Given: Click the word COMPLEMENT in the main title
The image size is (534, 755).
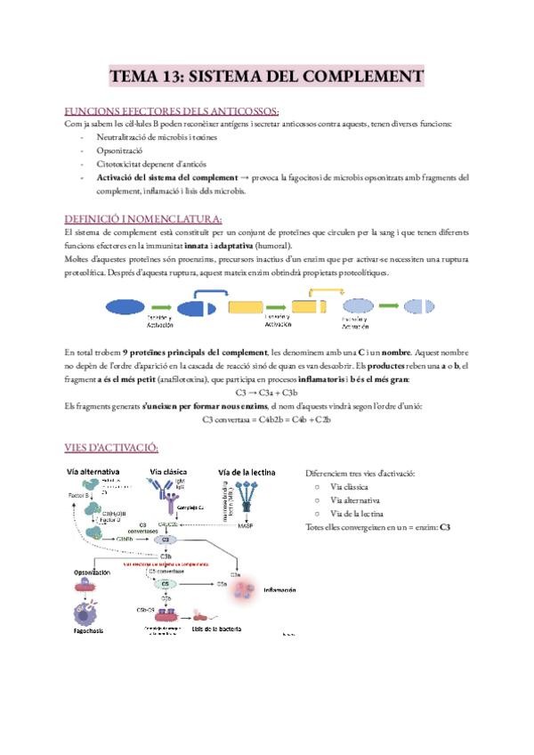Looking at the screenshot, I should click(x=355, y=76).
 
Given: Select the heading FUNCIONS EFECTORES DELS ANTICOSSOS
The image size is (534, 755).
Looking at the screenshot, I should click(x=172, y=111).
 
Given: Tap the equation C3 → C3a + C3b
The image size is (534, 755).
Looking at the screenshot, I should click(x=266, y=392).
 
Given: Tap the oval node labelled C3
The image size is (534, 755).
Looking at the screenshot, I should click(x=164, y=540).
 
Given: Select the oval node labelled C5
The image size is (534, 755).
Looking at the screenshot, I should click(x=166, y=584).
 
